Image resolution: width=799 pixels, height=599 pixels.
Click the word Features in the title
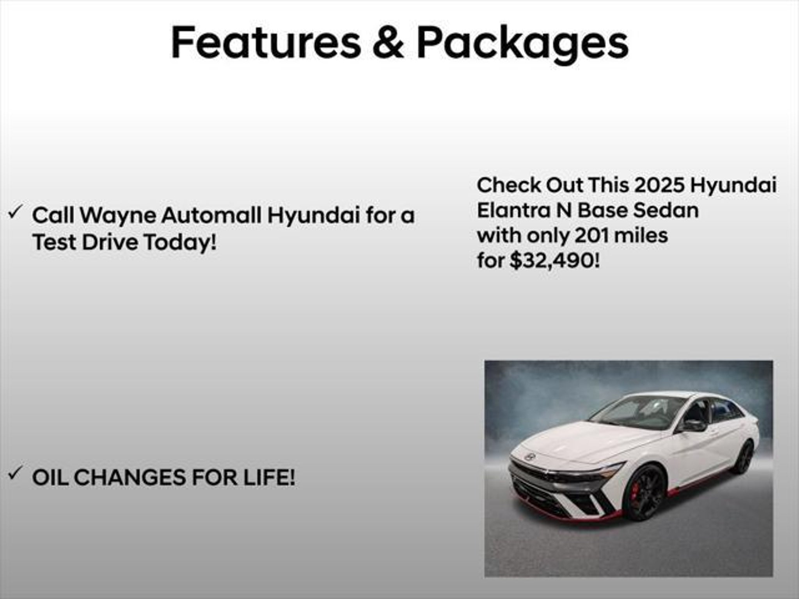266,43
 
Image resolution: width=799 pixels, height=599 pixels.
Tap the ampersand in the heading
388,43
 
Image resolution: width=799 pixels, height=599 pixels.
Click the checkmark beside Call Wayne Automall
14,213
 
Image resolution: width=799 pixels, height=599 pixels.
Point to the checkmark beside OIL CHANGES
14,474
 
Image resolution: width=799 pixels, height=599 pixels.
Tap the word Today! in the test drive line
180,242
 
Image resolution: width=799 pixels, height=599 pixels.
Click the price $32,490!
554,261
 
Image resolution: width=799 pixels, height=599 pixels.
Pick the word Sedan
666,210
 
